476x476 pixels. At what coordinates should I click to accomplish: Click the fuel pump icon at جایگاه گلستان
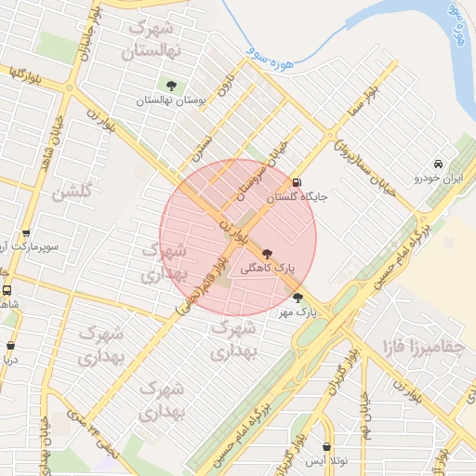tap(297, 182)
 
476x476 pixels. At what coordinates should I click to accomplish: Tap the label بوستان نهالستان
tap(169, 99)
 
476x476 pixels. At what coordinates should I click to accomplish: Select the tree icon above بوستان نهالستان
tap(170, 86)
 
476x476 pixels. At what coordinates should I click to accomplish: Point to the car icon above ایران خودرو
tap(439, 165)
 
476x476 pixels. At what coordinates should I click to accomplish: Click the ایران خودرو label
tap(439, 177)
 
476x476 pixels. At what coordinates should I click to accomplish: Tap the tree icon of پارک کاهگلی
tap(268, 253)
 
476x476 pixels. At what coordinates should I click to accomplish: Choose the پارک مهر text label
tap(297, 312)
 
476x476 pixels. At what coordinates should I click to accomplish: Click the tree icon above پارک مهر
tap(297, 298)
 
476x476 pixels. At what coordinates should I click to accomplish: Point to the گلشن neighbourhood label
tap(72, 193)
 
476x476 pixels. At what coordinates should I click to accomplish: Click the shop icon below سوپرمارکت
tap(26, 234)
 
